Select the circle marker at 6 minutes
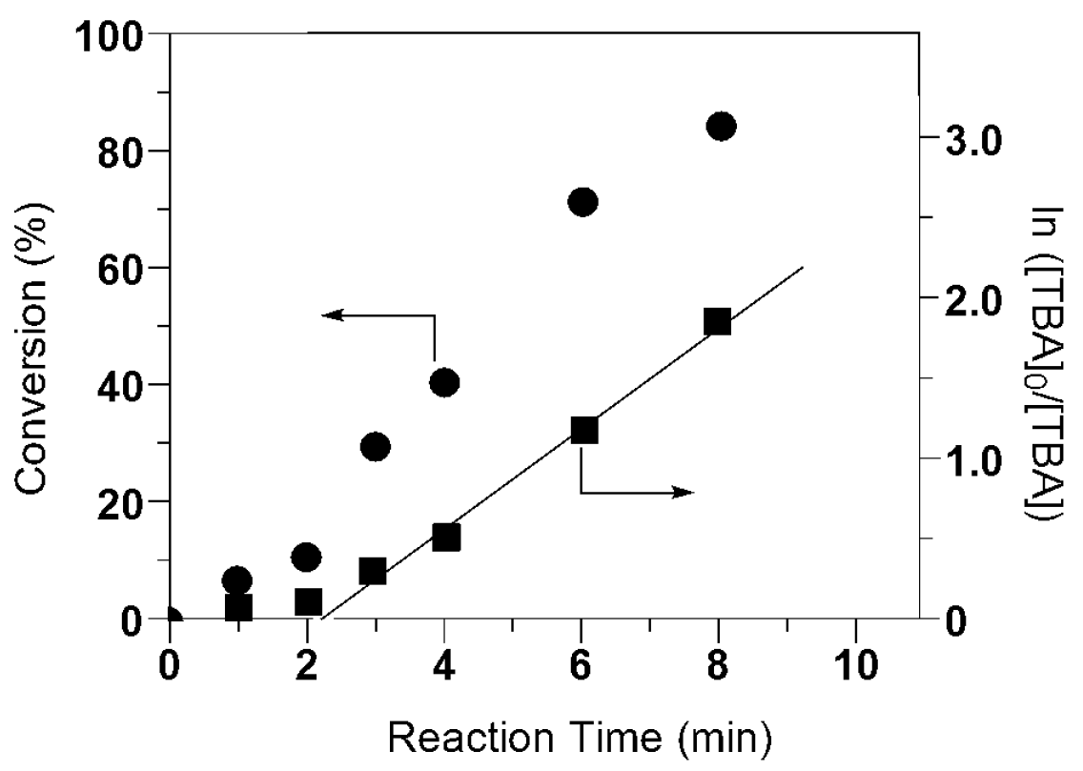(x=582, y=202)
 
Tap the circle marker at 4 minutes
(x=444, y=383)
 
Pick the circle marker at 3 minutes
(x=376, y=446)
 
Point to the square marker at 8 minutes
(x=717, y=322)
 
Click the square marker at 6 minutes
(x=583, y=430)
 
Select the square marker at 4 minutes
(x=445, y=538)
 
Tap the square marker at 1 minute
(x=237, y=607)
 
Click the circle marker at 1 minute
(x=236, y=579)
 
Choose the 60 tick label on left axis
(x=121, y=268)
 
